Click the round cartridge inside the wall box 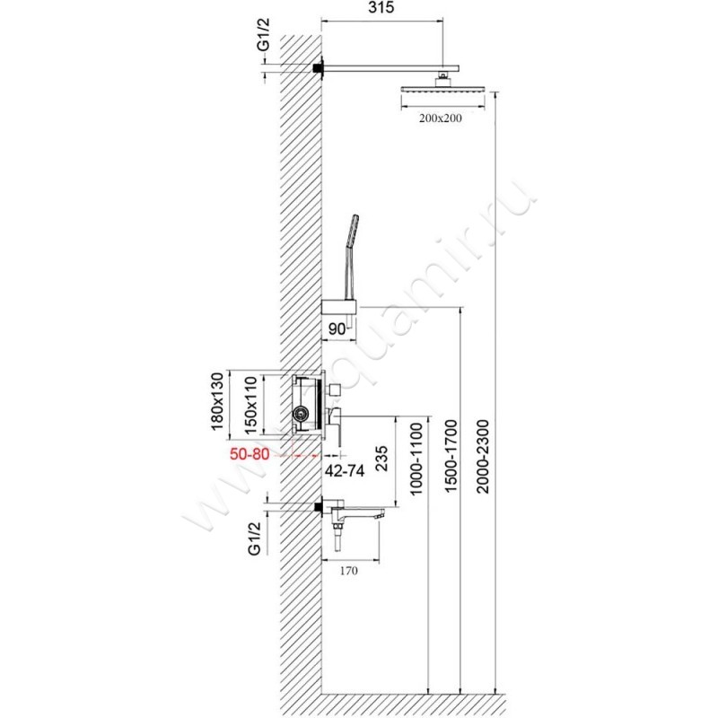(300, 414)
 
